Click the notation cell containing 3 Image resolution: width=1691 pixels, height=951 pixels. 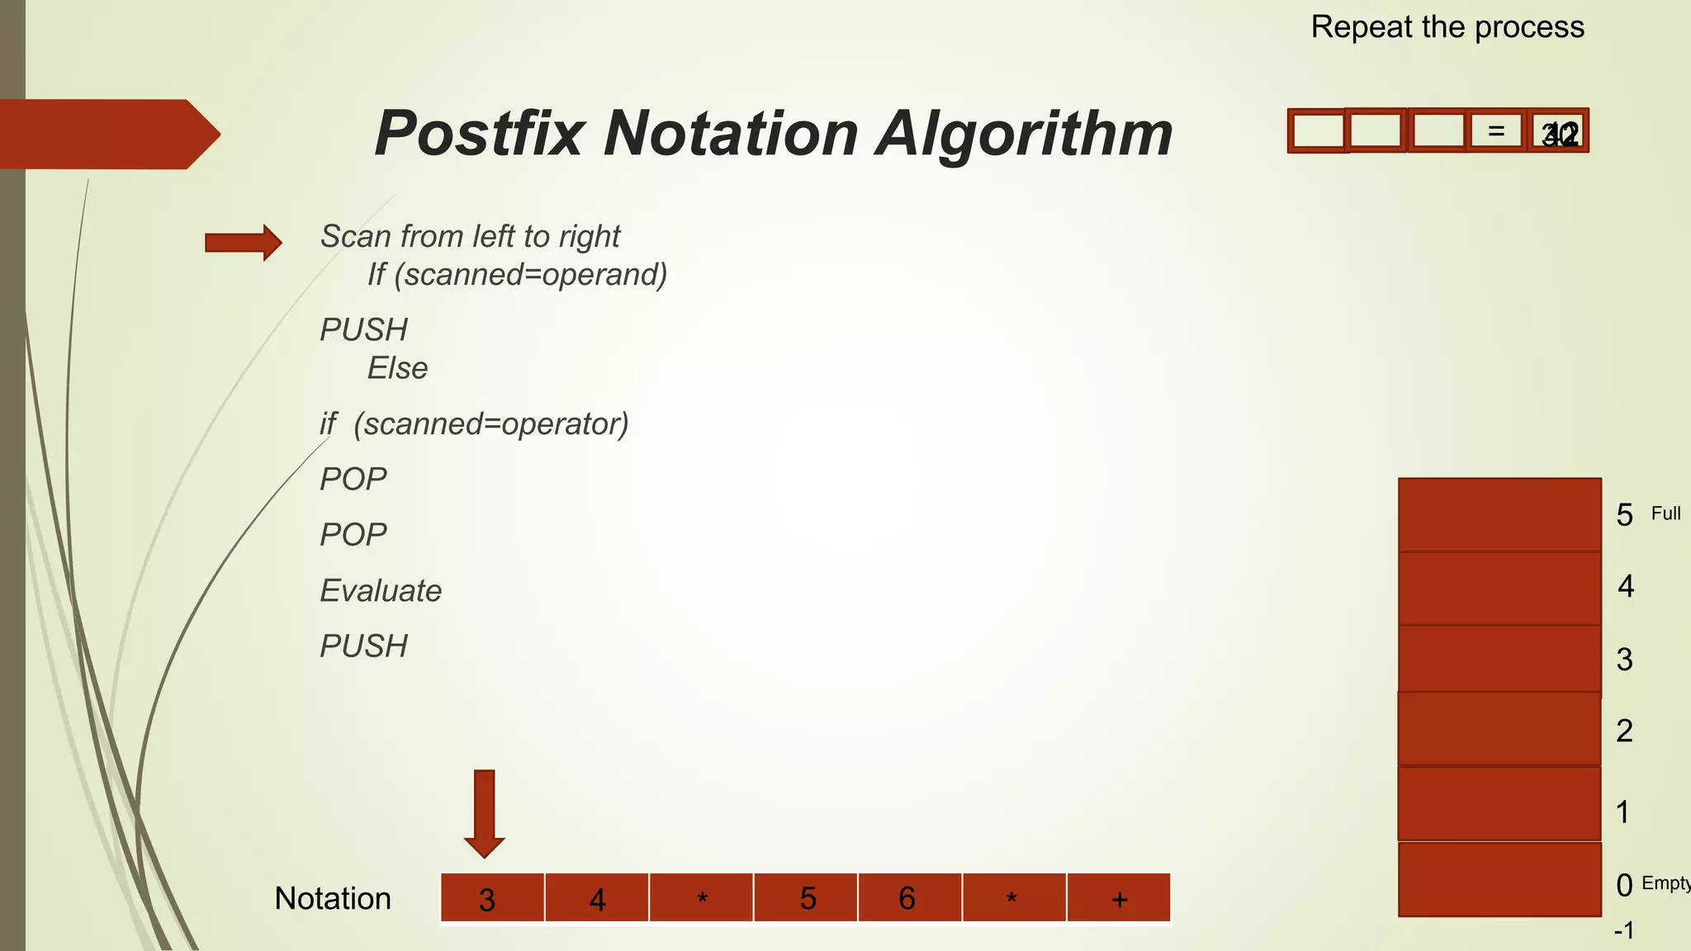click(492, 897)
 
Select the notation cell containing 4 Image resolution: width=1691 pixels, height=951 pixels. click(597, 897)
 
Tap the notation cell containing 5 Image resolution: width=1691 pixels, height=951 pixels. click(806, 897)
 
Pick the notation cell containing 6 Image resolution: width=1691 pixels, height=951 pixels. click(909, 897)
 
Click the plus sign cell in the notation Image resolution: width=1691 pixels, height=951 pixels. click(1119, 897)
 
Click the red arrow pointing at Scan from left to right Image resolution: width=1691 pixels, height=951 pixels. click(244, 243)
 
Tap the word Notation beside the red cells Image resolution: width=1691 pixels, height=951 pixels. click(333, 898)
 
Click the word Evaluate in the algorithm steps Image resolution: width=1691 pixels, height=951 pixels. click(381, 591)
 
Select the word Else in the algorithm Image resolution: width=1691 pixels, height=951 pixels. click(397, 368)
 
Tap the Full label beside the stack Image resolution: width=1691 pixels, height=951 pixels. click(1665, 513)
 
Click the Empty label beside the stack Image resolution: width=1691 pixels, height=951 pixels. click(1665, 883)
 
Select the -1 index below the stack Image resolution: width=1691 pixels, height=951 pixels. click(1624, 931)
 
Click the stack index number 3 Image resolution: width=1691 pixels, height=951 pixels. click(1624, 660)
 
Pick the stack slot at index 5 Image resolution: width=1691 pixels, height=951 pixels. click(1499, 514)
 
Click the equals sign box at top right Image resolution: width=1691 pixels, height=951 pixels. click(1495, 131)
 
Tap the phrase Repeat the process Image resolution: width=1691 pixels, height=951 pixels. click(1447, 27)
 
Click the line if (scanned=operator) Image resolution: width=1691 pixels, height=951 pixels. click(474, 424)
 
